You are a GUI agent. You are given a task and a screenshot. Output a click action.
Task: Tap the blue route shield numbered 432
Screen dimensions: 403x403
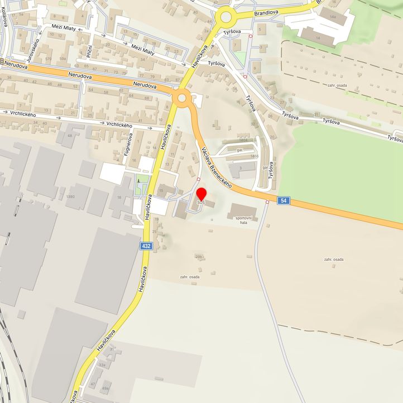pyautogui.click(x=146, y=246)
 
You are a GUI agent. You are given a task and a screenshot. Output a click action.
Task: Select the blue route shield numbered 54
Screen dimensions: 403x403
pyautogui.click(x=284, y=200)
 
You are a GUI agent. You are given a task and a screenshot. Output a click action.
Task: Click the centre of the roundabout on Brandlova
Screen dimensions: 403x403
pyautogui.click(x=226, y=17)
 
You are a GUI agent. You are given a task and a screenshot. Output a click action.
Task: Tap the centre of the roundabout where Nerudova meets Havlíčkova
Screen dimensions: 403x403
pyautogui.click(x=181, y=99)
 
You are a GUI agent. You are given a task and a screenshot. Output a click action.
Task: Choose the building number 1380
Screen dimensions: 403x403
pyautogui.click(x=70, y=197)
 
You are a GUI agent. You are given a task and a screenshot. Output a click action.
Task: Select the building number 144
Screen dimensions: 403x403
pyautogui.click(x=333, y=17)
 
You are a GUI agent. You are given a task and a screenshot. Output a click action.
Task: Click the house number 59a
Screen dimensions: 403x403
pyautogui.click(x=63, y=59)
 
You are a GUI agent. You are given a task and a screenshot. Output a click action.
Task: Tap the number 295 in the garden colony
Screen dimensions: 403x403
pyautogui.click(x=199, y=257)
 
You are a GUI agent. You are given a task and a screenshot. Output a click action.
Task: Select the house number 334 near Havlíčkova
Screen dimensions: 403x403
pyautogui.click(x=102, y=364)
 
